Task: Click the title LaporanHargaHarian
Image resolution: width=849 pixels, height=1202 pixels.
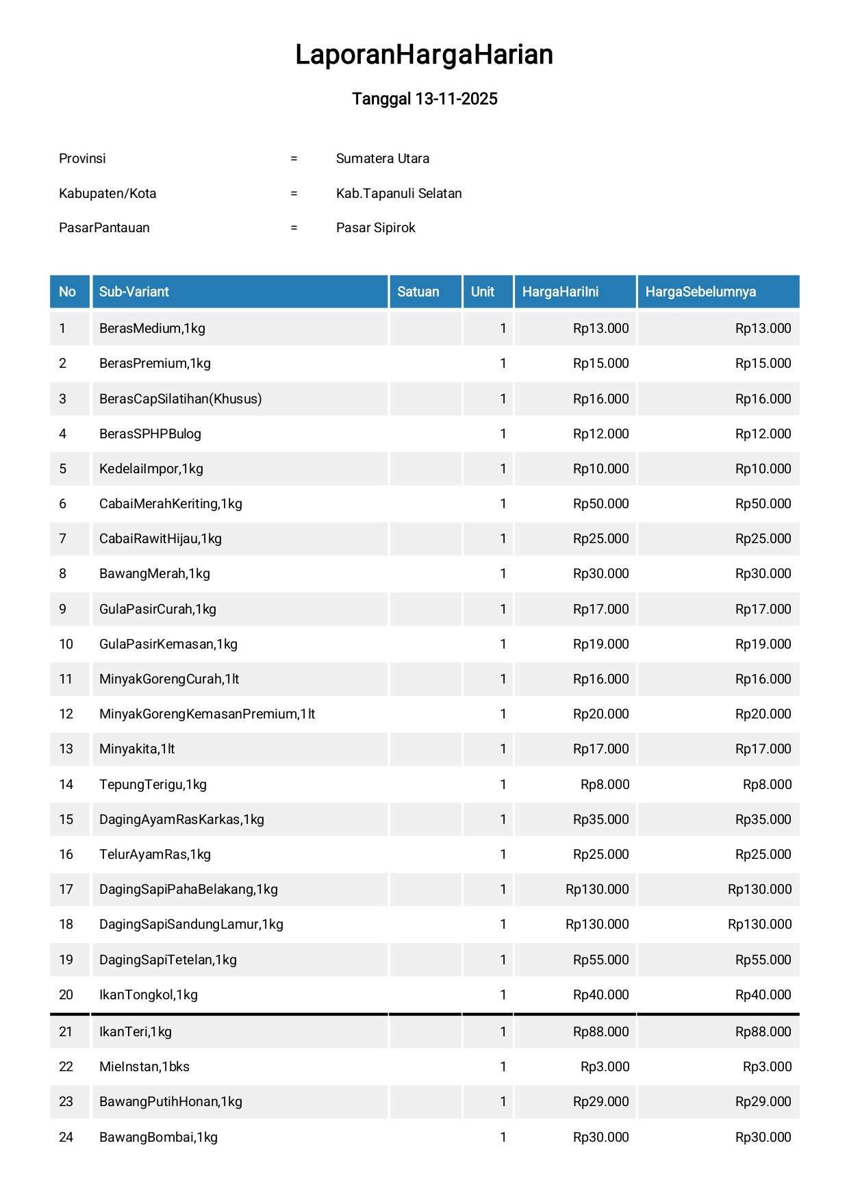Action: pyautogui.click(x=424, y=55)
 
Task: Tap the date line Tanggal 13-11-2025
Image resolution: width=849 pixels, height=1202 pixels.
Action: pyautogui.click(x=424, y=99)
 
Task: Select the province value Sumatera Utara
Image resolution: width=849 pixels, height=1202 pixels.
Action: pyautogui.click(x=382, y=159)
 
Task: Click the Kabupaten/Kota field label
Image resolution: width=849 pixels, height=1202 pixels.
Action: pyautogui.click(x=107, y=194)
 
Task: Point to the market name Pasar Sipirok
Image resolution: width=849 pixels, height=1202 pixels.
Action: pyautogui.click(x=375, y=228)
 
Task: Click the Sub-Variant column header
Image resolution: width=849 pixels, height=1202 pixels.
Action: pyautogui.click(x=134, y=292)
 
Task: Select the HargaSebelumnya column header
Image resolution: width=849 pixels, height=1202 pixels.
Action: pyautogui.click(x=700, y=292)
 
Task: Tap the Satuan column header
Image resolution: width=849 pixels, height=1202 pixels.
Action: pyautogui.click(x=418, y=292)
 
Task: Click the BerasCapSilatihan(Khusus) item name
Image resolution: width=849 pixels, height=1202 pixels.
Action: pyautogui.click(x=180, y=399)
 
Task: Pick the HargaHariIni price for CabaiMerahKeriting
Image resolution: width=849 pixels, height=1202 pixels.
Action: pyautogui.click(x=600, y=504)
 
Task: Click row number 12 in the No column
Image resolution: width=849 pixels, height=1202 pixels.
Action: pyautogui.click(x=66, y=714)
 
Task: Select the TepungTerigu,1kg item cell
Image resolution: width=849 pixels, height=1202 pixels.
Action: pyautogui.click(x=153, y=785)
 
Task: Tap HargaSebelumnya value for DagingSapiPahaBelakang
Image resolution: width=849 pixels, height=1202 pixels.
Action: pyautogui.click(x=759, y=890)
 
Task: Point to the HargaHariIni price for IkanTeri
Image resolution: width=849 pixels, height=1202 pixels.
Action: pyautogui.click(x=600, y=1032)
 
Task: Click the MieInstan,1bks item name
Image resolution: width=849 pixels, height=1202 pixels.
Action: pyautogui.click(x=144, y=1067)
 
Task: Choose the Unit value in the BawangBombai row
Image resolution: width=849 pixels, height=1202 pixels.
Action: pyautogui.click(x=503, y=1138)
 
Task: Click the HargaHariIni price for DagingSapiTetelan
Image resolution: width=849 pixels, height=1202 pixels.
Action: pyautogui.click(x=600, y=960)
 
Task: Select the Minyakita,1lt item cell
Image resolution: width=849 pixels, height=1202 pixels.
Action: pyautogui.click(x=137, y=749)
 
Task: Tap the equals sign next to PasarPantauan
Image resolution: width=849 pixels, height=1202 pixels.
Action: pyautogui.click(x=294, y=228)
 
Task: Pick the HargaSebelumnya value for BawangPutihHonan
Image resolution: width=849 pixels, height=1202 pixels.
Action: pyautogui.click(x=763, y=1102)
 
